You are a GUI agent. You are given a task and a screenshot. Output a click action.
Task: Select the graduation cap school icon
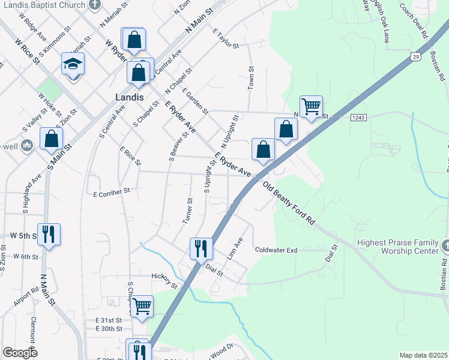(x=73, y=64)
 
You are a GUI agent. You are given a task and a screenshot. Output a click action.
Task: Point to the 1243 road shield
(x=358, y=119)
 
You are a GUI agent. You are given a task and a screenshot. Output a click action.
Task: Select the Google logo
(x=20, y=353)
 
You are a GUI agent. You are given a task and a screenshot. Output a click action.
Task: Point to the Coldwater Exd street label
(x=276, y=250)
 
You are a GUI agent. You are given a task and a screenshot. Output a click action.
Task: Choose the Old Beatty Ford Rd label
(x=289, y=204)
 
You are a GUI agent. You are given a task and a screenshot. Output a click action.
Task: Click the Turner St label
(x=187, y=211)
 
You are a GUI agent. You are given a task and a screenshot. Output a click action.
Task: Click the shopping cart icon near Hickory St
(x=142, y=306)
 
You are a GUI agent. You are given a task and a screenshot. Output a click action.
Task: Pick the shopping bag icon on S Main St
(x=52, y=139)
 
